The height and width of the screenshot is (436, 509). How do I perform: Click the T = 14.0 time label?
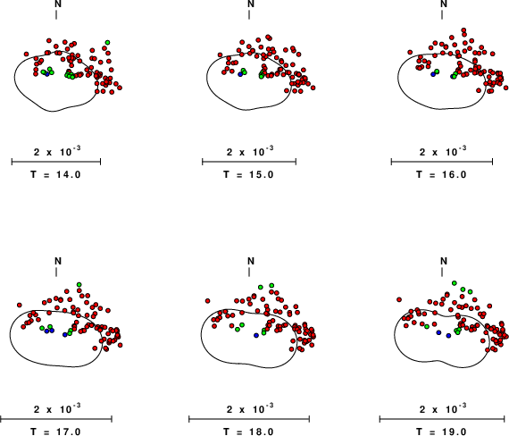(x=55, y=175)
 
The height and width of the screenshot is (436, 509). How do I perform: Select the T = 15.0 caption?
(x=248, y=175)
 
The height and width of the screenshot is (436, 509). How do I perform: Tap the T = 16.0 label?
(x=441, y=175)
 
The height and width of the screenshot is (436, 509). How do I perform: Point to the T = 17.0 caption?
(x=55, y=432)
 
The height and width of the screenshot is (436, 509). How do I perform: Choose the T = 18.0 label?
(x=248, y=432)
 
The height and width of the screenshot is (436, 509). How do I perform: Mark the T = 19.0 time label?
(x=441, y=432)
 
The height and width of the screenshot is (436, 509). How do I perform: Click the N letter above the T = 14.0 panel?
(x=58, y=4)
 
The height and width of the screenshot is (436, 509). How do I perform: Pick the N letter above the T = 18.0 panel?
(x=251, y=261)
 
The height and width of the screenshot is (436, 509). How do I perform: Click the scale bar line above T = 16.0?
(x=442, y=162)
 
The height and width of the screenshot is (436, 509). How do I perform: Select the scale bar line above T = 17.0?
(x=56, y=419)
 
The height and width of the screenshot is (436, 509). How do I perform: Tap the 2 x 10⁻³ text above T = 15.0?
(x=250, y=151)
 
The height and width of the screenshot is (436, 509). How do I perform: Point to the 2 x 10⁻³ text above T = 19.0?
(x=443, y=408)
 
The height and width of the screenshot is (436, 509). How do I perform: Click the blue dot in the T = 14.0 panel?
(x=47, y=74)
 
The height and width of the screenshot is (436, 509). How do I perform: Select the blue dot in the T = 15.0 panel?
(x=240, y=74)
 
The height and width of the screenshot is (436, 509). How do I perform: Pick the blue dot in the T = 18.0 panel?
(x=256, y=335)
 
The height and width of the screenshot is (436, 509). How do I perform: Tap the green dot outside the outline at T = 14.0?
(x=107, y=42)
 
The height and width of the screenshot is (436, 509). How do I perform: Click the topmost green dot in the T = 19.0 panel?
(x=455, y=282)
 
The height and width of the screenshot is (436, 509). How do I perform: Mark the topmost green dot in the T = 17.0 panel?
(x=79, y=285)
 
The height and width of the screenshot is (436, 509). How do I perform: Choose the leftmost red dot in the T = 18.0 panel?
(x=208, y=301)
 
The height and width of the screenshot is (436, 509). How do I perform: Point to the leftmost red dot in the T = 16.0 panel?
(x=410, y=52)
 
